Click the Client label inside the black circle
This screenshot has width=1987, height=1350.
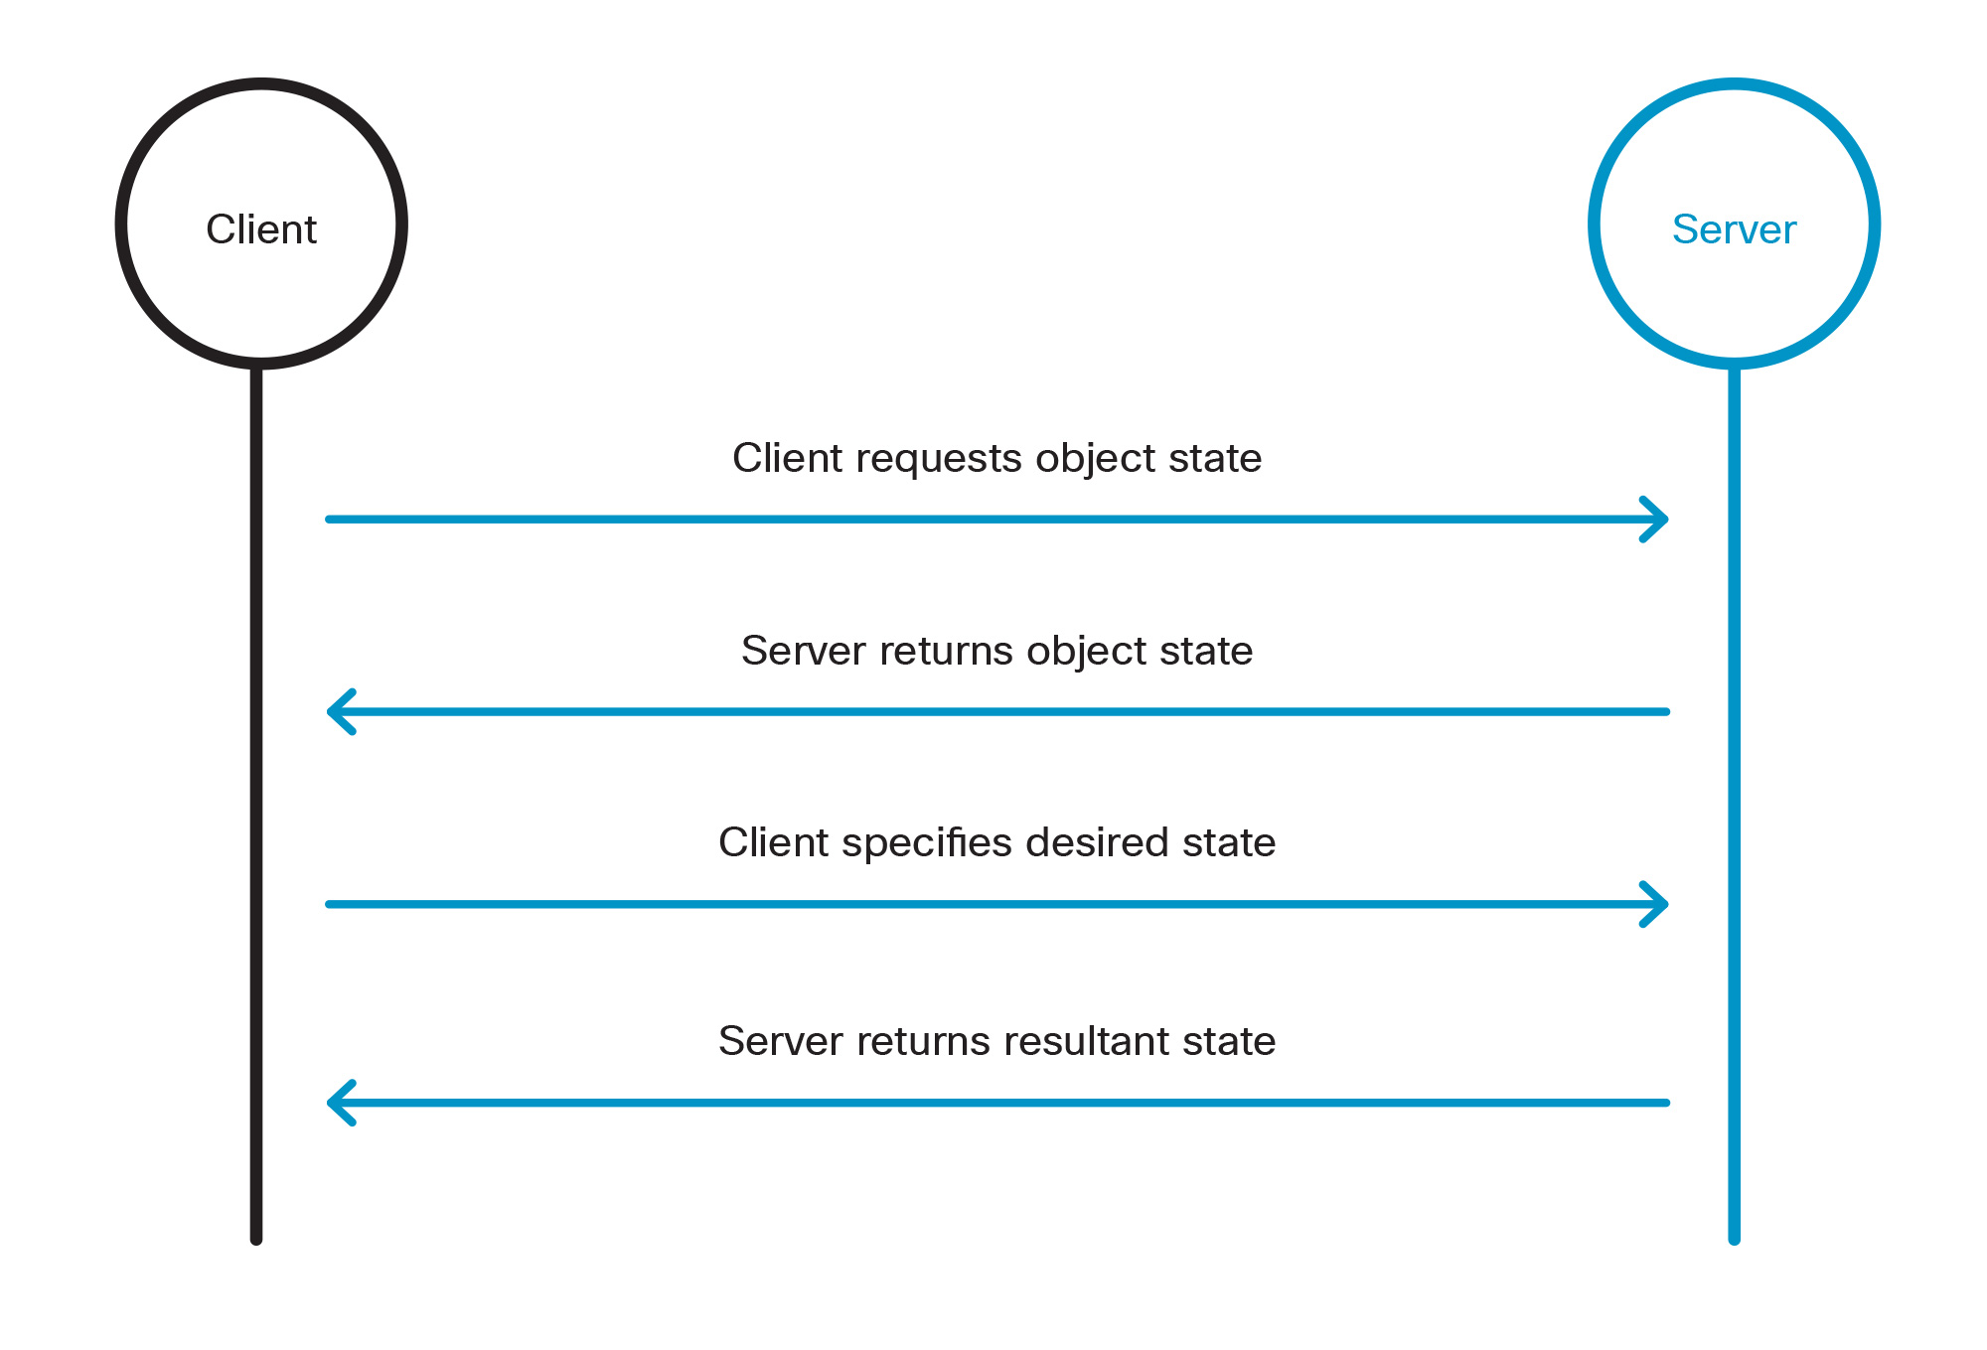pos(261,229)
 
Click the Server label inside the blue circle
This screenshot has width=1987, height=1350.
pos(1734,229)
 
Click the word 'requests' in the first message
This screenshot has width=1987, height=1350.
pos(930,459)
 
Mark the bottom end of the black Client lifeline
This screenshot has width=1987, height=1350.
pos(256,1238)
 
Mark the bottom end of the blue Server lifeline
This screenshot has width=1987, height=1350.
pos(1734,1238)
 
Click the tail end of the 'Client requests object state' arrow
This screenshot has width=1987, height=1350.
pos(330,520)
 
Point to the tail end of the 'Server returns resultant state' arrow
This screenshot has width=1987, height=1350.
pos(1666,1103)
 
